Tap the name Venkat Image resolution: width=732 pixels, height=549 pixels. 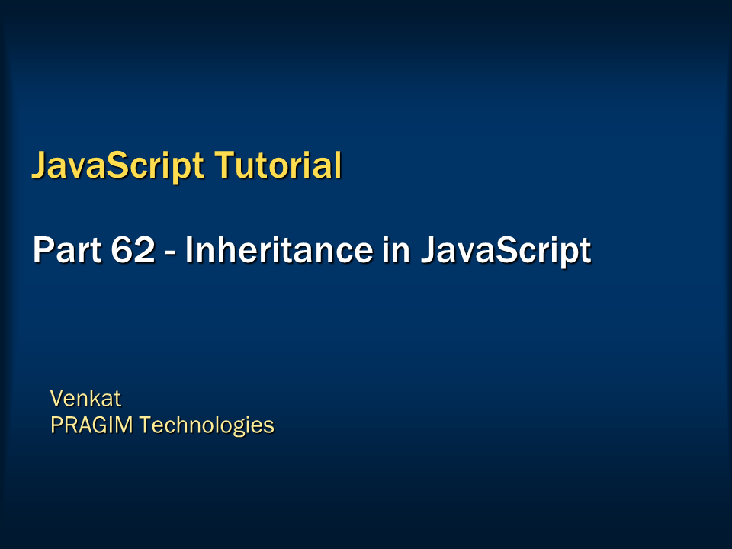click(x=85, y=398)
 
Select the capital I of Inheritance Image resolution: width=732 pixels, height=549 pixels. click(x=190, y=250)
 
